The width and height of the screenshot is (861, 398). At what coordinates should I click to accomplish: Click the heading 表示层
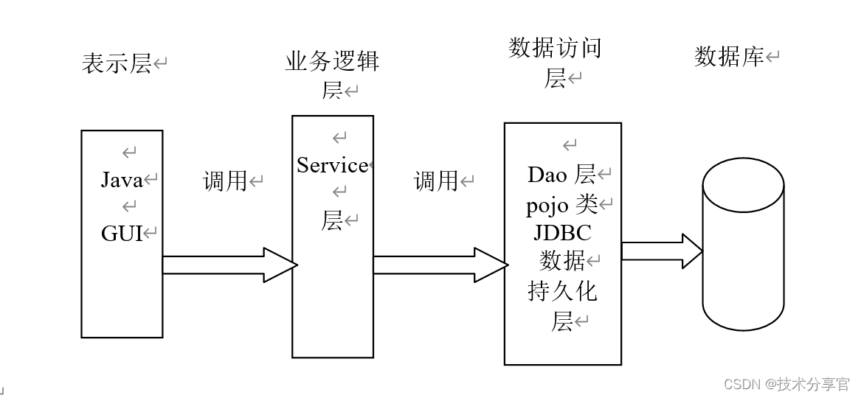[x=117, y=63]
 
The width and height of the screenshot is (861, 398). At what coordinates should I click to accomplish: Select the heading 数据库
[x=729, y=56]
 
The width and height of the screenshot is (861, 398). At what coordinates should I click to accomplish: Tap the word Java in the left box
[x=122, y=179]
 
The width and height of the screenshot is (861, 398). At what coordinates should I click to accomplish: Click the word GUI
[x=122, y=233]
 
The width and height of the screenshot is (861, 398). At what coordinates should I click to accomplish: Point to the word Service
[x=332, y=165]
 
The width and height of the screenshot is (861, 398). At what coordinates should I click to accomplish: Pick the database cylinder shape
[x=743, y=247]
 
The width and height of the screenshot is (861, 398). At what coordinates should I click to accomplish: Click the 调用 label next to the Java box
[x=224, y=181]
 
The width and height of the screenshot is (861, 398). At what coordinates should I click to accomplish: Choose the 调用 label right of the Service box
[x=436, y=181]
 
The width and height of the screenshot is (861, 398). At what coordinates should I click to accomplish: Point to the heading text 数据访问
[x=555, y=48]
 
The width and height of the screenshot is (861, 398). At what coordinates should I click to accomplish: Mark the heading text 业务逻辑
[x=332, y=61]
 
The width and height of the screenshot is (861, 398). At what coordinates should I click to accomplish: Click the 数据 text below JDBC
[x=562, y=261]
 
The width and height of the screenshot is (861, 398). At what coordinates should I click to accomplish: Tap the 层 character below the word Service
[x=332, y=220]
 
